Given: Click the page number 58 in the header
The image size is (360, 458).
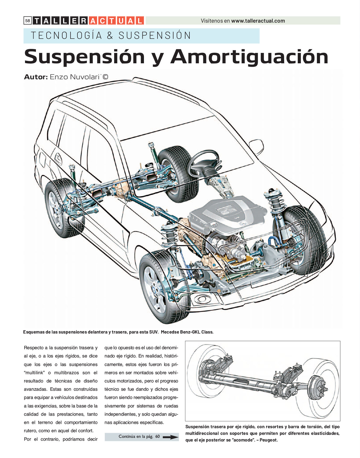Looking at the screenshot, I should point(28,20).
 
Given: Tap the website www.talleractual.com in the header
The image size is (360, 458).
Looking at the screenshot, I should point(258,21).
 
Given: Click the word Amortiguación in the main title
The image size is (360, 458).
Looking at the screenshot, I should point(249,56).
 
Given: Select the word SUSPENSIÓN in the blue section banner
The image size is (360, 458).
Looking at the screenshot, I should point(155,35).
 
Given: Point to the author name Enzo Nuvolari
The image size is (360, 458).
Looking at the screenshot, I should point(75,77).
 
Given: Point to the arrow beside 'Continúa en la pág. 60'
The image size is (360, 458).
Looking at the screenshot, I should point(170,437).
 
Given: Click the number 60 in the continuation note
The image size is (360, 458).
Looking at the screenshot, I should point(158,436).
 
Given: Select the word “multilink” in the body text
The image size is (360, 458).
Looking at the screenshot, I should point(34,373).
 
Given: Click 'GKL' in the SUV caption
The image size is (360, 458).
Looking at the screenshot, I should point(195,332).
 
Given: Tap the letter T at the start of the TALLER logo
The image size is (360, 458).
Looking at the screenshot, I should point(37,21).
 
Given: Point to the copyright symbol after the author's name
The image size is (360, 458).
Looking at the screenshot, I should point(105,77).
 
